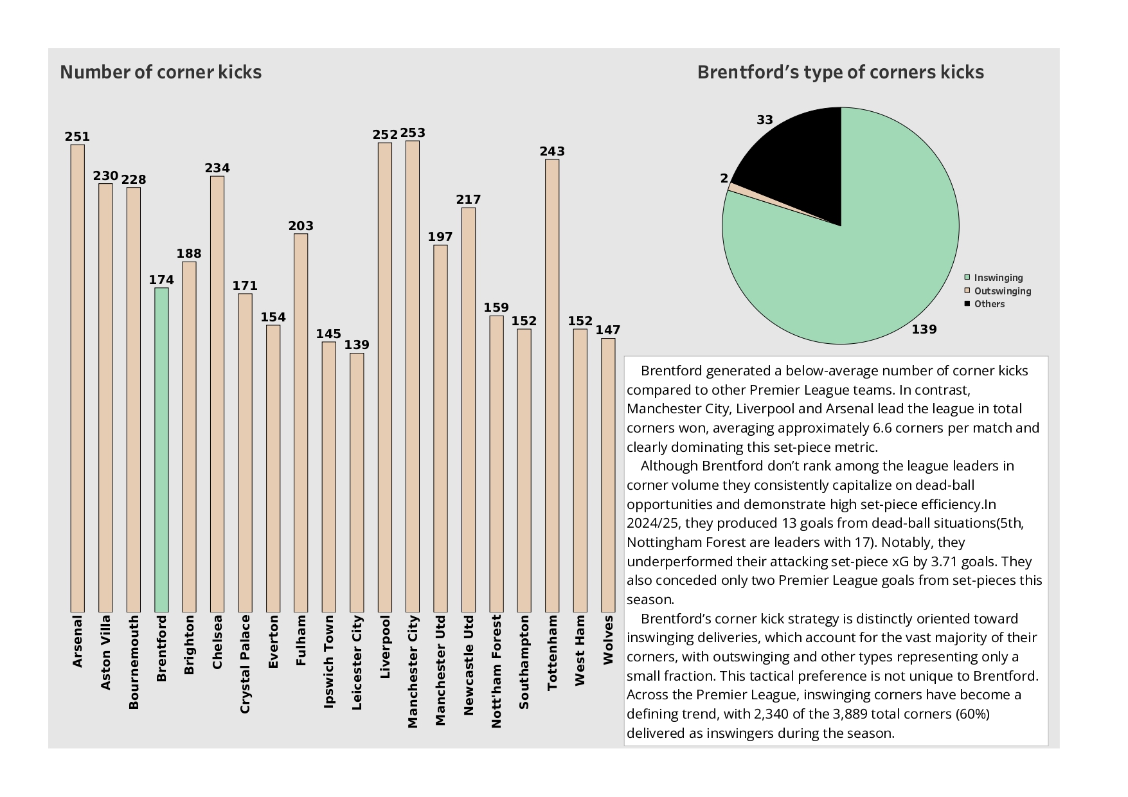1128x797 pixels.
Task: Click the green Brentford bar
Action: pyautogui.click(x=161, y=450)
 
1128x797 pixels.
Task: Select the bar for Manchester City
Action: pyautogui.click(x=413, y=376)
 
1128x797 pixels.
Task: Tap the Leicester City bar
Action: pyautogui.click(x=357, y=482)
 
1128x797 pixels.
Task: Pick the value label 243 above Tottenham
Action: pyautogui.click(x=552, y=152)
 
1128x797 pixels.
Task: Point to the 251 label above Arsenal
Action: pyautogui.click(x=77, y=137)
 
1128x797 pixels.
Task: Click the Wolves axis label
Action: pyautogui.click(x=608, y=640)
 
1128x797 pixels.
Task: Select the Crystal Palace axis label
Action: pyautogui.click(x=245, y=664)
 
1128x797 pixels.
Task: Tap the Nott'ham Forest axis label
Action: pyautogui.click(x=496, y=672)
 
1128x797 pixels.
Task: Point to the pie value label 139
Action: pyautogui.click(x=924, y=330)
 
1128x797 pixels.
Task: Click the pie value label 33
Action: pyautogui.click(x=765, y=120)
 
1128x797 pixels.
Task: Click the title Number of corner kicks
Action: pyautogui.click(x=161, y=72)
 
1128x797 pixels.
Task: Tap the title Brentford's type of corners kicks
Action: pyautogui.click(x=841, y=72)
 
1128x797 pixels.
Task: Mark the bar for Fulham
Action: pyautogui.click(x=301, y=423)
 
